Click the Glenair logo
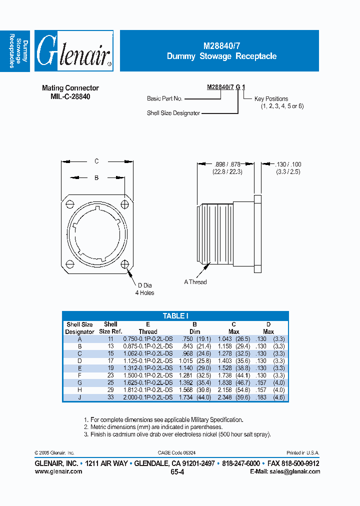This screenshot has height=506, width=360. [74, 51]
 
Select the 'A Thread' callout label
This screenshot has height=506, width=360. [195, 282]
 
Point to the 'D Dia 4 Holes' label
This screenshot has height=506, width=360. [144, 289]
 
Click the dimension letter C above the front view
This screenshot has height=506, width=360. [97, 161]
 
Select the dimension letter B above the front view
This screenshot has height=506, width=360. [97, 177]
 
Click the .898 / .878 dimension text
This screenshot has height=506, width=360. [227, 164]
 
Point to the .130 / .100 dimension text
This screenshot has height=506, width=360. [288, 164]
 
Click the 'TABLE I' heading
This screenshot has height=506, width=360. [175, 315]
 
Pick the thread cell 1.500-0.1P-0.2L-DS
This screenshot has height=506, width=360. [147, 375]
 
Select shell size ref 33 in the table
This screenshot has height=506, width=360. [110, 397]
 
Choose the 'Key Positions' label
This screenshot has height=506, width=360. [271, 99]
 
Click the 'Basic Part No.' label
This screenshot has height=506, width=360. [164, 99]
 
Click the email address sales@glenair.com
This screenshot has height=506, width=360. [293, 471]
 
